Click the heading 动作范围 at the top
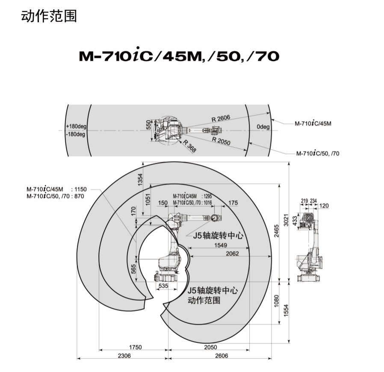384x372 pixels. [49, 16]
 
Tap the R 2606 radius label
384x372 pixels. [221, 118]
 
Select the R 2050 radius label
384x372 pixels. [221, 141]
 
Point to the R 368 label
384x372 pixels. [189, 146]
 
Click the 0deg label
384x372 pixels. [263, 127]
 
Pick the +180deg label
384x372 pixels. [76, 127]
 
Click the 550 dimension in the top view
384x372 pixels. [148, 125]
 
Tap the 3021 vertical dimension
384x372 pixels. [286, 220]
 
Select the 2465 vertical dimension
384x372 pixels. [276, 231]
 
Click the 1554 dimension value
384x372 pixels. [286, 310]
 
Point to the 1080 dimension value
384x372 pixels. [276, 301]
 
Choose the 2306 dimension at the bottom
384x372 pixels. [124, 356]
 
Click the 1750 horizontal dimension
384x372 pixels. [135, 347]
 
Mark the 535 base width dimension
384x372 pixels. [163, 286]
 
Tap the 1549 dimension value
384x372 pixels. [220, 245]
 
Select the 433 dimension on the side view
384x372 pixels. [295, 221]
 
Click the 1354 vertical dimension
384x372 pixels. [140, 180]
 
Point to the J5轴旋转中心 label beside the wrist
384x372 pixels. [218, 236]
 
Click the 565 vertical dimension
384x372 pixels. [133, 269]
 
